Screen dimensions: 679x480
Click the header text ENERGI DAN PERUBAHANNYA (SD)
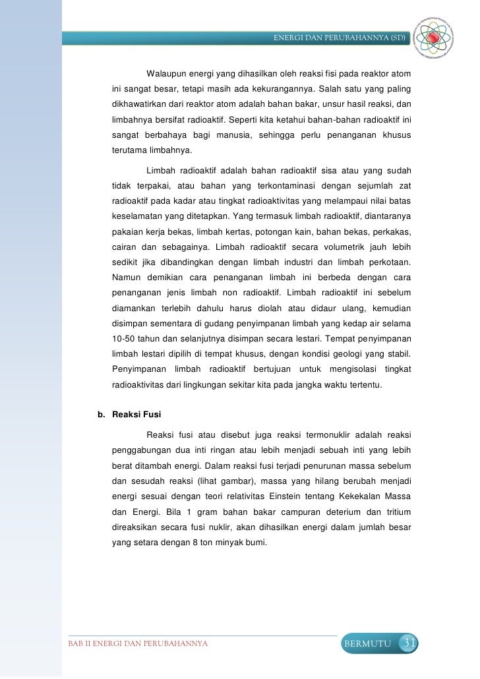[340, 38]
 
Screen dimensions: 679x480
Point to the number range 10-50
[125, 339]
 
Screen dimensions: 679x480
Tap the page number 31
[409, 643]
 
